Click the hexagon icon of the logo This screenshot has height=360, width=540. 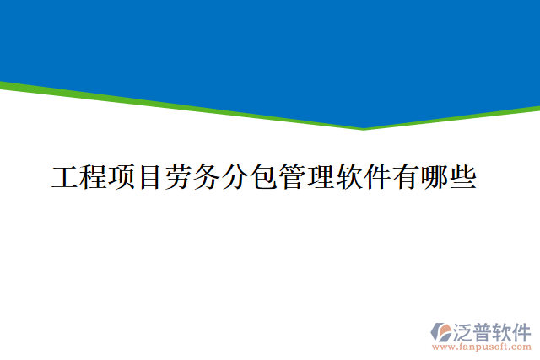[x=443, y=331]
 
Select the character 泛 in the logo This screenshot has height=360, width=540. [x=466, y=330]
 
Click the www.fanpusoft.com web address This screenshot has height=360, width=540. [x=482, y=347]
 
